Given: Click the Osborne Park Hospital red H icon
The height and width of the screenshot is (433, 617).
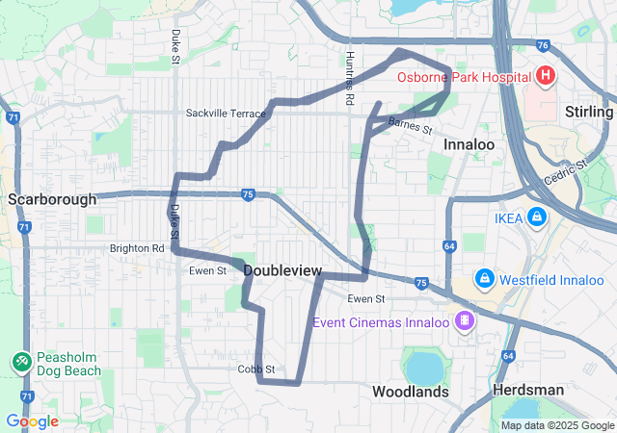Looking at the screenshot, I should pyautogui.click(x=547, y=75).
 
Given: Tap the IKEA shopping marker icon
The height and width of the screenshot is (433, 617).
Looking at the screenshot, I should pyautogui.click(x=537, y=218).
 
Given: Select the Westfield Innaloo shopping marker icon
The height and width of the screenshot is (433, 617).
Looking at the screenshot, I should pyautogui.click(x=484, y=280).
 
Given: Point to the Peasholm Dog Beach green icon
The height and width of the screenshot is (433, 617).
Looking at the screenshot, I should pyautogui.click(x=20, y=363).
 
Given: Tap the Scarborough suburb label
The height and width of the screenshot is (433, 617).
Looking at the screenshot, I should pyautogui.click(x=52, y=199).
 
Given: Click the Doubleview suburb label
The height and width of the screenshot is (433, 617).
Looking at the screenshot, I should pyautogui.click(x=282, y=270).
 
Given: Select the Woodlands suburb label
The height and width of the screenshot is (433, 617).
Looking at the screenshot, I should pyautogui.click(x=411, y=392).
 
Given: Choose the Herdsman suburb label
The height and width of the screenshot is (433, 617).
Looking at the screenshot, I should pyautogui.click(x=528, y=391).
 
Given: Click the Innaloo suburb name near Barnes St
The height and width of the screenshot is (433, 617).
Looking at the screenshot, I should pyautogui.click(x=469, y=144).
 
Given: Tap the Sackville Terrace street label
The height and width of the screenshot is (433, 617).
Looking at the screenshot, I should pyautogui.click(x=226, y=114).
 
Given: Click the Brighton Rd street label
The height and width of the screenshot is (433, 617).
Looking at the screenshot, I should pyautogui.click(x=137, y=247).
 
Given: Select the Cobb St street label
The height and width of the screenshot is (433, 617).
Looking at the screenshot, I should pyautogui.click(x=256, y=369).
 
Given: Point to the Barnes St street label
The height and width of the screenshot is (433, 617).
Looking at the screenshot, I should pyautogui.click(x=412, y=125).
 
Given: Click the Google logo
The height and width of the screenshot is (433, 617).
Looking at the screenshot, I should pyautogui.click(x=32, y=421).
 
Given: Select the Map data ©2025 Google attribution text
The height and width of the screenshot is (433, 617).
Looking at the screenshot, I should pyautogui.click(x=556, y=425).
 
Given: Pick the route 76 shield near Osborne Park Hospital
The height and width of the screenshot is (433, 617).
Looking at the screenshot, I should pyautogui.click(x=544, y=44).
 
